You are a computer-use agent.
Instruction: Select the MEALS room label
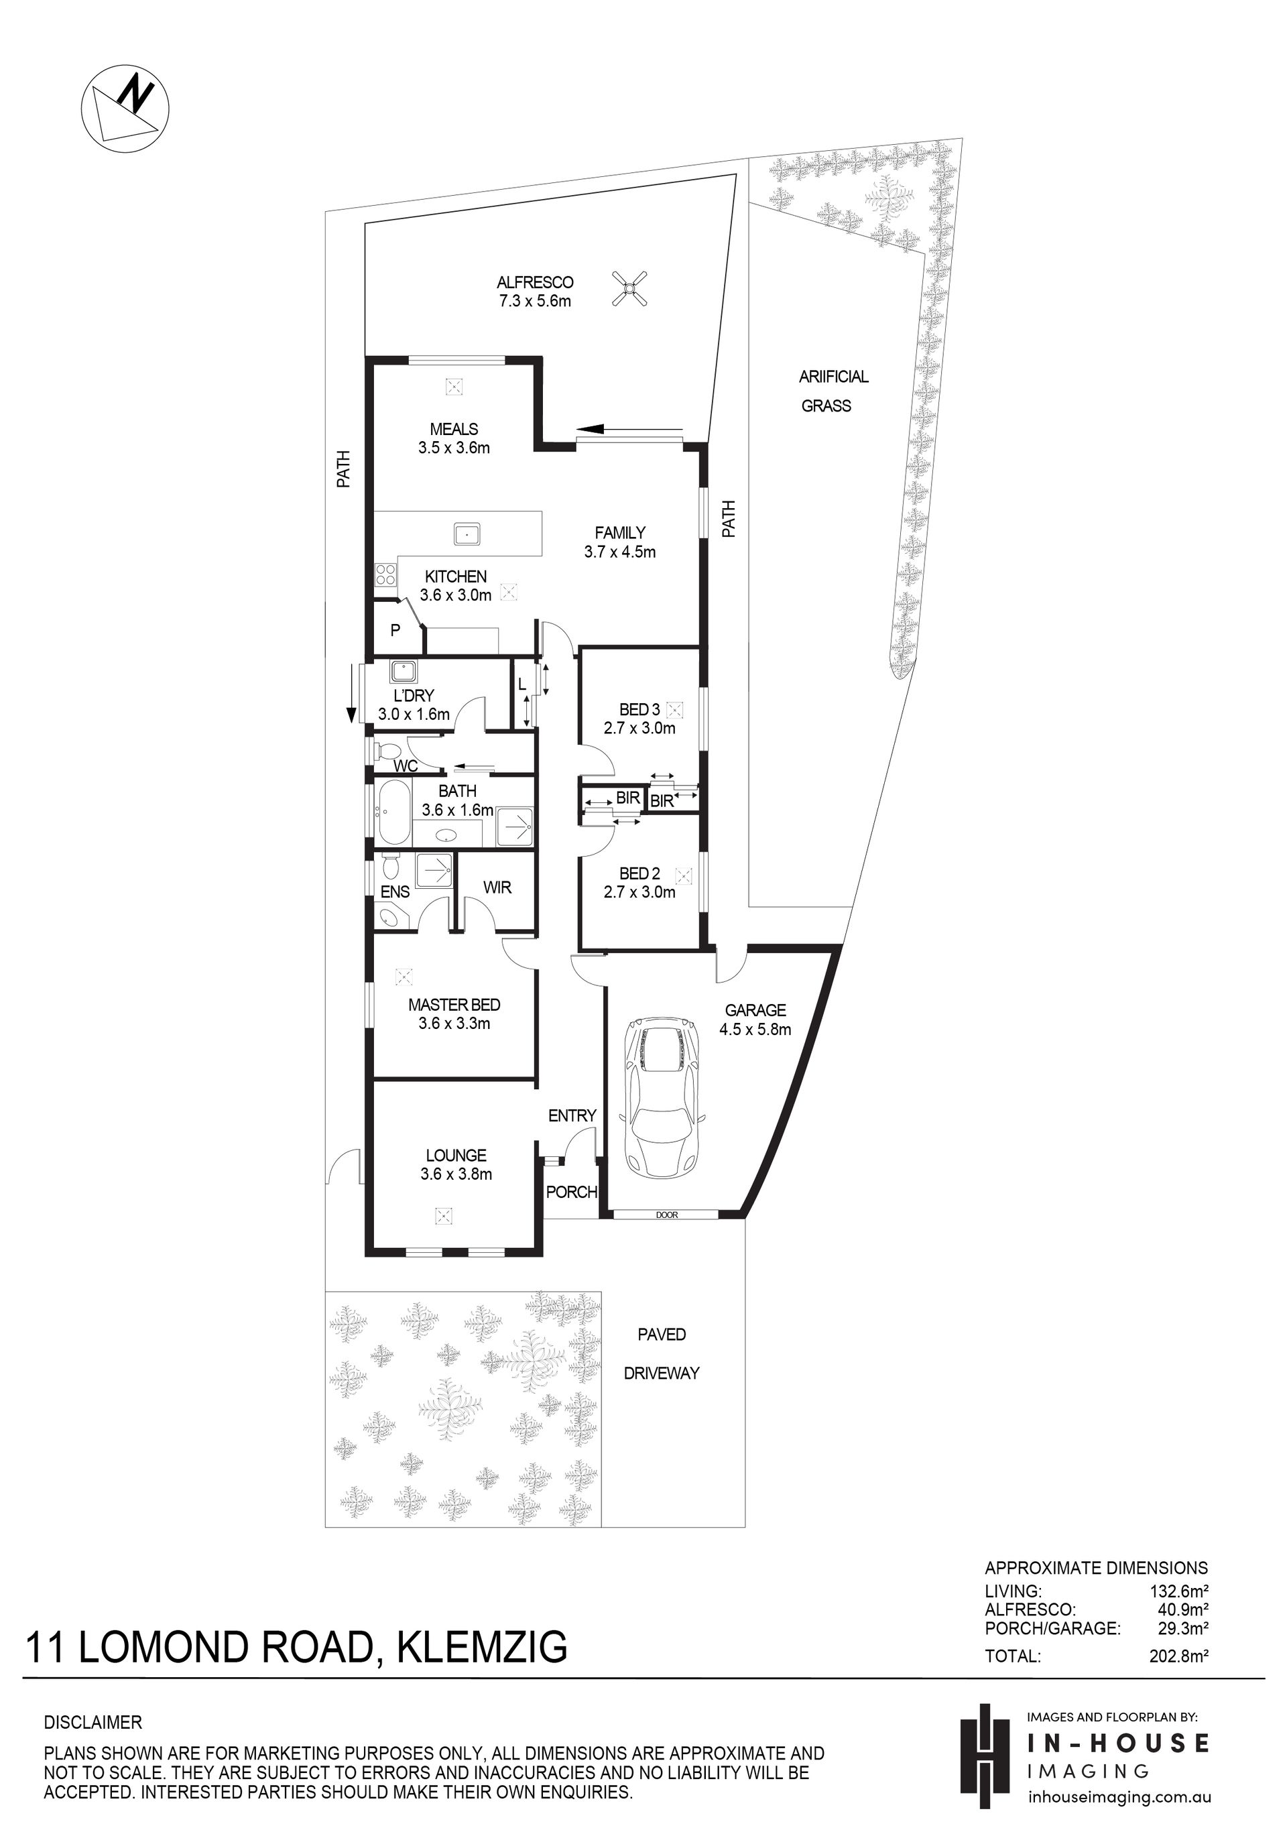[x=454, y=429]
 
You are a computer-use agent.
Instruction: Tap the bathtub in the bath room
[x=393, y=813]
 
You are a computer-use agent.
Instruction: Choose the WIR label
[x=497, y=887]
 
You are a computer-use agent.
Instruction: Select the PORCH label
[x=572, y=1192]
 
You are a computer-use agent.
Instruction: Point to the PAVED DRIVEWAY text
[x=662, y=1353]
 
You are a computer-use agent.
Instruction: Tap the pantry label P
[x=395, y=631]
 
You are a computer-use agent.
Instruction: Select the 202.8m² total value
[x=1178, y=1656]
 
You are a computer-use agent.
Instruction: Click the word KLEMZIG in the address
[x=482, y=1648]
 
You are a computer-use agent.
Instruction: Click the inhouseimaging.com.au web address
[x=1119, y=1797]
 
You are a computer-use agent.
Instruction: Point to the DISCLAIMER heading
[x=93, y=1722]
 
